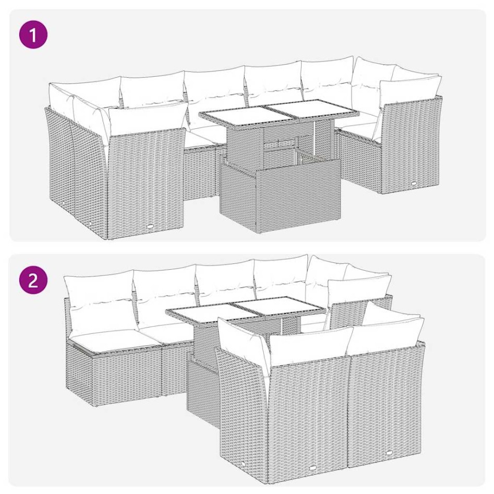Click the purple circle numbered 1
click(x=33, y=35)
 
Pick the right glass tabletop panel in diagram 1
click(x=311, y=111)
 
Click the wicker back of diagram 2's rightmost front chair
click(x=386, y=402)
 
